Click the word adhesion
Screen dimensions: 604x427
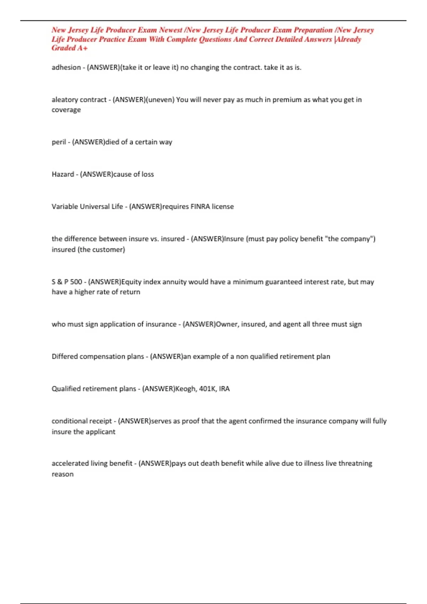66,68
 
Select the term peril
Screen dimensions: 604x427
59,142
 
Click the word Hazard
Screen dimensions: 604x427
63,174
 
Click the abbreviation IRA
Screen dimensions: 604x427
224,389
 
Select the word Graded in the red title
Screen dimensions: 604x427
62,48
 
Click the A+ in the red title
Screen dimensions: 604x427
82,48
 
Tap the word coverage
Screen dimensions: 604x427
66,110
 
